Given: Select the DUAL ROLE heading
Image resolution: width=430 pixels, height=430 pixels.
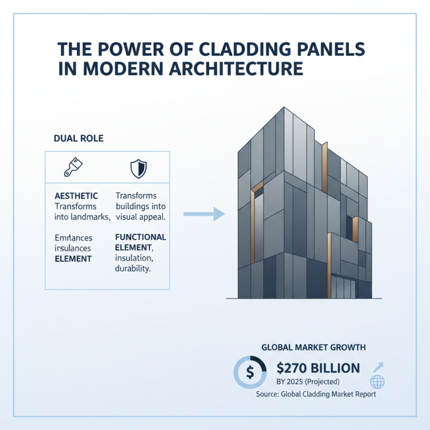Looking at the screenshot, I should pos(78,138).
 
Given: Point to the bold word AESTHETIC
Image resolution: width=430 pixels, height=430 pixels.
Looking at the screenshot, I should pos(76,196).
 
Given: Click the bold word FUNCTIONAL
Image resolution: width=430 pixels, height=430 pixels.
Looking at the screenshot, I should pos(141,237).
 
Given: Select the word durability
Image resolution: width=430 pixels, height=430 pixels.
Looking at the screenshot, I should pos(133,269).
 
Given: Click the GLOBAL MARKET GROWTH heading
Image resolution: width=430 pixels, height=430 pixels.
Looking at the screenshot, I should pos(313,348).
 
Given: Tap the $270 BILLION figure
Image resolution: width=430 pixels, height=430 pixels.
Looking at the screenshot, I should pos(318,369).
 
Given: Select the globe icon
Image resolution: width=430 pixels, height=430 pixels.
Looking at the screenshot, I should pos(378,382).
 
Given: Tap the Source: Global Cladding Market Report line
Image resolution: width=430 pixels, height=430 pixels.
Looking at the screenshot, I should pos(315,394).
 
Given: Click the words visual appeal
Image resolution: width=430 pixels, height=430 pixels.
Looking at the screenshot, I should pos(141,217).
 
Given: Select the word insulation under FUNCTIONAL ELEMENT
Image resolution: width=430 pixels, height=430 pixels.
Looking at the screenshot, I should pos(134,258).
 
